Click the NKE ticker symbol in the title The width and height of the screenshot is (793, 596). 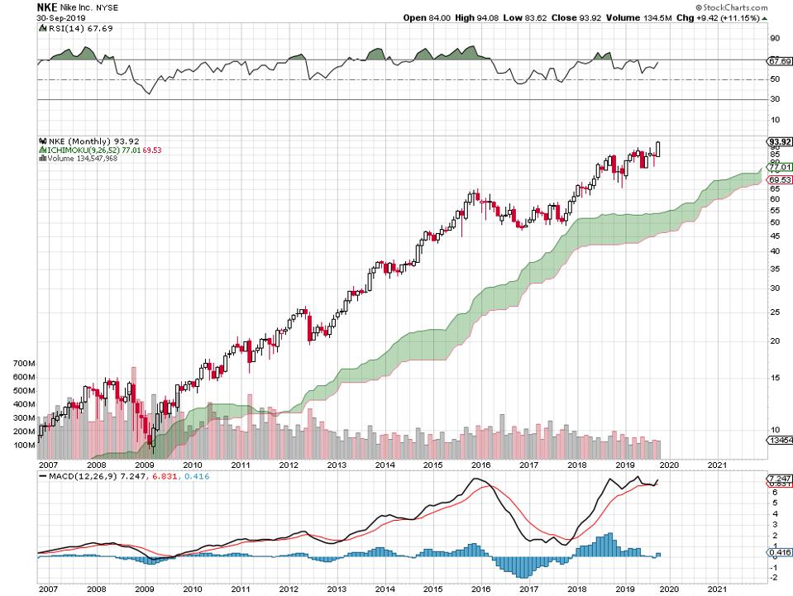(47, 7)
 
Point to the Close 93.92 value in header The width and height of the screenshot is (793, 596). (571, 17)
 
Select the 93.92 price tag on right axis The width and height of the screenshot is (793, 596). (779, 141)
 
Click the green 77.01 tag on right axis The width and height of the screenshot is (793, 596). (779, 166)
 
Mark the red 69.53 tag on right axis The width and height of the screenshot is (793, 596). (779, 179)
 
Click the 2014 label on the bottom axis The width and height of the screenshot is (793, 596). (385, 466)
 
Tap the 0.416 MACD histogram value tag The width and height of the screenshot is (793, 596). (779, 552)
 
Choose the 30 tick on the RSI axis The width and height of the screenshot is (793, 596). (775, 99)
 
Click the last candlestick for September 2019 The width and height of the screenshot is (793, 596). (658, 149)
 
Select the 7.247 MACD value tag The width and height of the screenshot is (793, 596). (779, 479)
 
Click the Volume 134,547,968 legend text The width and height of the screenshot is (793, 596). (83, 158)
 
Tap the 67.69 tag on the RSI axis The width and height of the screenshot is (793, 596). (779, 60)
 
